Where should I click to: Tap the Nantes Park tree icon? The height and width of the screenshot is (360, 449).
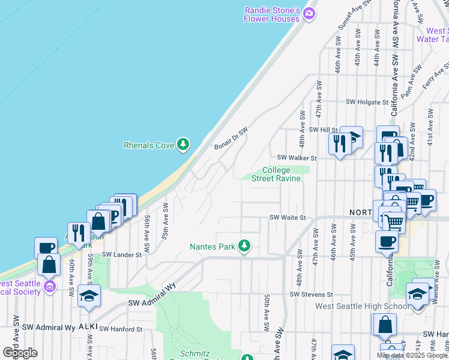[x=244, y=246]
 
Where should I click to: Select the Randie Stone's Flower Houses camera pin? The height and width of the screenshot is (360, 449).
[x=309, y=13]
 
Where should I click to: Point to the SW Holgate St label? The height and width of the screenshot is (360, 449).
[x=357, y=102]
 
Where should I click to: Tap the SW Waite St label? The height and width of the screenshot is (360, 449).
[x=288, y=218]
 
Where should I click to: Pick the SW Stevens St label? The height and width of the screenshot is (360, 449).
[x=311, y=295]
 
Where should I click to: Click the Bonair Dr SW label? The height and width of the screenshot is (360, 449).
[x=231, y=139]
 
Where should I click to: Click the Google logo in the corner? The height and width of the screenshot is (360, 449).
[x=20, y=353]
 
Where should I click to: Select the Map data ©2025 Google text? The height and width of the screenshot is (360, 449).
[x=412, y=355]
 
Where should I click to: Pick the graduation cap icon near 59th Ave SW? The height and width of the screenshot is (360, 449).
[x=89, y=296]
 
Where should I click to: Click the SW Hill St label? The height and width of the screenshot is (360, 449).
[x=324, y=130]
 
